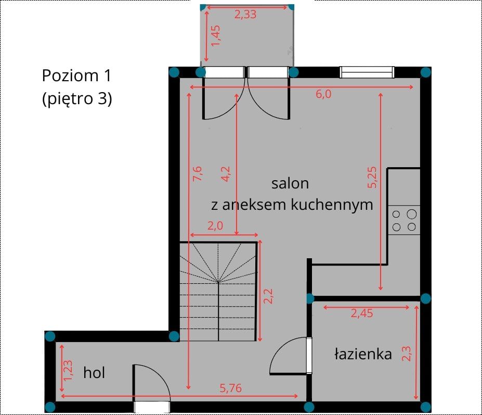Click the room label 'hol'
point(94,373)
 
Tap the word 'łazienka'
point(363,354)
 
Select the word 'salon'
point(290,183)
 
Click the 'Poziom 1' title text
point(76,76)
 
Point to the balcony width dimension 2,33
point(245,15)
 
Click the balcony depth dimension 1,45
point(216,36)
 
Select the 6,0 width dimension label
point(324,94)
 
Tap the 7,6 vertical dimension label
point(198,173)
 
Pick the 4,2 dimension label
point(226,174)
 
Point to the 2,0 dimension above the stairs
point(215,225)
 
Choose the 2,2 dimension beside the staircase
point(268,296)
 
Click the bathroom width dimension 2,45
point(362,313)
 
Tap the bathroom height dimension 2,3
point(407,354)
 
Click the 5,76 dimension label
point(230,388)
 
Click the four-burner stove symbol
point(404,220)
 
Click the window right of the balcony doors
point(367,72)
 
